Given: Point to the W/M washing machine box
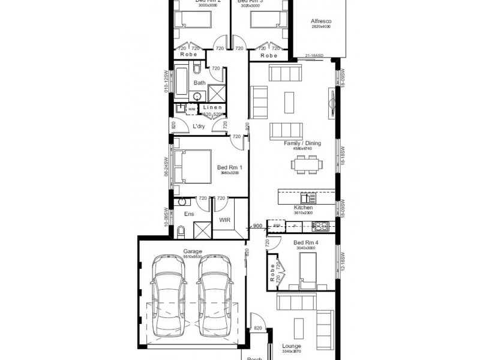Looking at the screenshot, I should (x=191, y=109).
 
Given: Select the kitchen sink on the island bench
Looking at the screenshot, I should (x=308, y=198).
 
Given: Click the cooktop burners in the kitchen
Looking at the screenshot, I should (x=322, y=226).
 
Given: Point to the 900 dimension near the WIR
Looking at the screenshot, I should (x=256, y=226).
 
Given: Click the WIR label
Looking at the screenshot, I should (x=224, y=220).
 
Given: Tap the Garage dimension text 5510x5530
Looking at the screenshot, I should (x=193, y=257).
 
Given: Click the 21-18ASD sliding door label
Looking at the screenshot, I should (x=316, y=55).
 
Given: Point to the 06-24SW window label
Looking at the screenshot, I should (x=166, y=166).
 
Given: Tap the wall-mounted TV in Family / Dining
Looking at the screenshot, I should (x=331, y=100).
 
